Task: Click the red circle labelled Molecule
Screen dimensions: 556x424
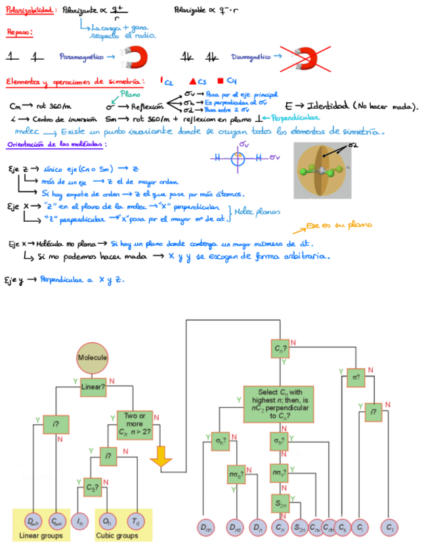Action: [92, 357]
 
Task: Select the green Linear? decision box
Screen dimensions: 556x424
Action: [93, 387]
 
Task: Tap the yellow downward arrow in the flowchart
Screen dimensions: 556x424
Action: [161, 456]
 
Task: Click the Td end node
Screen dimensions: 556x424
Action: [135, 523]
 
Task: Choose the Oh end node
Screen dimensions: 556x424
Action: [107, 523]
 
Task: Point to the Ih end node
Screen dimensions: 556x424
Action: [79, 523]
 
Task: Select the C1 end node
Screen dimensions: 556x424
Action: [390, 526]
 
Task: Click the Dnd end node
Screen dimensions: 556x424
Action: [235, 526]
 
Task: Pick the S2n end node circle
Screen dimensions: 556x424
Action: [298, 526]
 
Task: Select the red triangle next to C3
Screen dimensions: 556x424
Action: [192, 81]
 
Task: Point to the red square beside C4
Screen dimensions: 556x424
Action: [221, 81]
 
